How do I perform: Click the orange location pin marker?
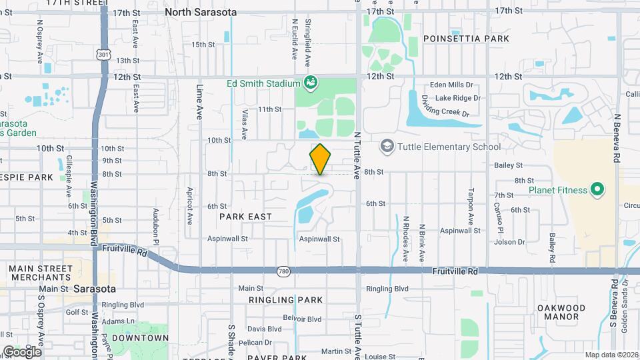pyautogui.click(x=320, y=159)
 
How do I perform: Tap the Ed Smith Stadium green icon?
pyautogui.click(x=310, y=83)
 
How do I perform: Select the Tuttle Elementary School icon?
pyautogui.click(x=387, y=146)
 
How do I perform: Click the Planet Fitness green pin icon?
pyautogui.click(x=598, y=190)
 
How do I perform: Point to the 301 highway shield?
pyautogui.click(x=103, y=53)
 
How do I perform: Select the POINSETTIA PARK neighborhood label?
pyautogui.click(x=466, y=39)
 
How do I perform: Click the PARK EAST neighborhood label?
pyautogui.click(x=245, y=217)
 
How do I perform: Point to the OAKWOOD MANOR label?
pyautogui.click(x=561, y=312)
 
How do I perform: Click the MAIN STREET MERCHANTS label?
pyautogui.click(x=39, y=272)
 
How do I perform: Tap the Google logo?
pyautogui.click(x=21, y=351)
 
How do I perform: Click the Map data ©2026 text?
pyautogui.click(x=611, y=355)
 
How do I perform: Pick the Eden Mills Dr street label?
pyautogui.click(x=451, y=85)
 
